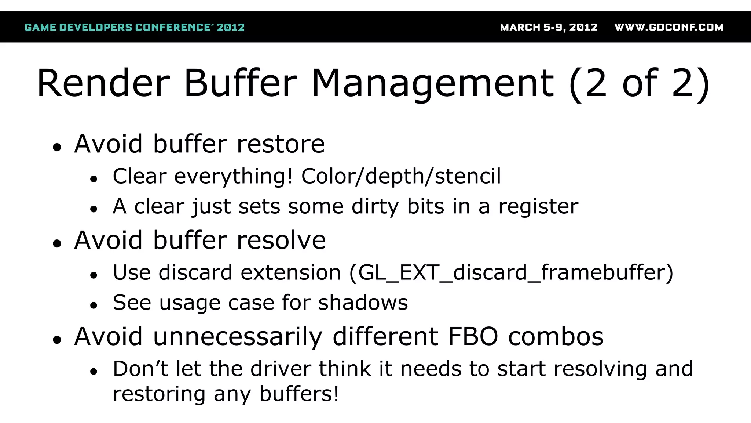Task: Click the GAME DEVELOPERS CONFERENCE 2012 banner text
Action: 134,28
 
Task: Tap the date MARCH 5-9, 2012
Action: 549,28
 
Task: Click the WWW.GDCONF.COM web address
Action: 668,28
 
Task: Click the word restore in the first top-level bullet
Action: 281,144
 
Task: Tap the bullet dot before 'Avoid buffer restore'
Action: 57,148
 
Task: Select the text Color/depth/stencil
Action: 401,176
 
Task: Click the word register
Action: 538,206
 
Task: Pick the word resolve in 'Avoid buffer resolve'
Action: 281,241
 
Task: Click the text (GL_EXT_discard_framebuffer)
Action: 511,273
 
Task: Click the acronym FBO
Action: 473,337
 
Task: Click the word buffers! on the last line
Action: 299,394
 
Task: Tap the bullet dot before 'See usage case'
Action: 94,305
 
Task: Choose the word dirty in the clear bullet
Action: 375,206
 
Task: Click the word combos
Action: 556,337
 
